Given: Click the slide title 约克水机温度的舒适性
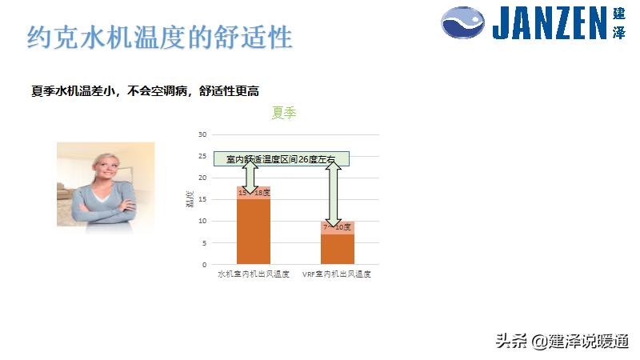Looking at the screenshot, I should [x=160, y=37].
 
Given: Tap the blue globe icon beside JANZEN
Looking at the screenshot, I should [x=463, y=23].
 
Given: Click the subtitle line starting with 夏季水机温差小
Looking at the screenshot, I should [x=145, y=91].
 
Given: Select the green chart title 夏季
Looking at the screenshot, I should [x=284, y=113].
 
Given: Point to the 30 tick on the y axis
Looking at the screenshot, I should [x=202, y=134].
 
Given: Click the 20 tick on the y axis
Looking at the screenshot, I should [x=202, y=178].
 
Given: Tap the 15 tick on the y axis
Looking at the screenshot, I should [x=202, y=199].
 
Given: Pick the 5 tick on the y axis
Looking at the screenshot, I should [x=204, y=242].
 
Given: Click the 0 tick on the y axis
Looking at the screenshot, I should [x=204, y=264].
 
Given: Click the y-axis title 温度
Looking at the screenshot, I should [x=190, y=199].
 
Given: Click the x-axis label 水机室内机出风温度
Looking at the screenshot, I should [x=254, y=274].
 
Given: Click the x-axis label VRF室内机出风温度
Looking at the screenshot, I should [x=337, y=274].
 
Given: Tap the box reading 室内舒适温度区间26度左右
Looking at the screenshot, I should [x=281, y=159].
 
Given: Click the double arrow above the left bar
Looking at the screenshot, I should [x=249, y=176].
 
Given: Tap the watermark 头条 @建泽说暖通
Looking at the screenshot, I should [x=562, y=341].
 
